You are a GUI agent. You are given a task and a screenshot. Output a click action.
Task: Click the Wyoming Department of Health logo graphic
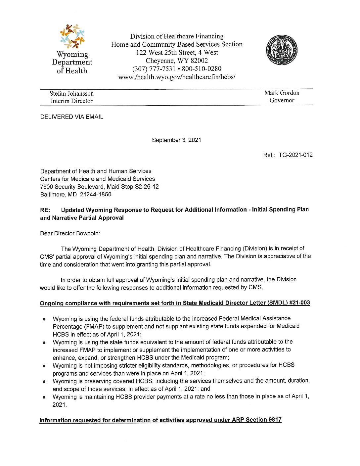click(72, 36)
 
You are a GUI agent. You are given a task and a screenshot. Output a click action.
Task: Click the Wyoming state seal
click(281, 50)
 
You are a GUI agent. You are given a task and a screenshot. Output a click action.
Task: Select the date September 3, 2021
click(176, 140)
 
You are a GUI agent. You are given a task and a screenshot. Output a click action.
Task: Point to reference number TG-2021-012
click(295, 155)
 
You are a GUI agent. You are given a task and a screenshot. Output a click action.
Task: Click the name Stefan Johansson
click(71, 94)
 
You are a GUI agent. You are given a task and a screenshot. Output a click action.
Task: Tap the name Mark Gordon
click(282, 93)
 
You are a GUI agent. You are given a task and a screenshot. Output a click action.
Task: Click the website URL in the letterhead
click(177, 77)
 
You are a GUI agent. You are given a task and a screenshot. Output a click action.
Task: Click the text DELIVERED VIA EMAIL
click(71, 117)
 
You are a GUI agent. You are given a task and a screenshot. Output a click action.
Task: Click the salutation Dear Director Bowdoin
click(70, 233)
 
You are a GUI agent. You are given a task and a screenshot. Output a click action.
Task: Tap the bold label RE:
click(45, 210)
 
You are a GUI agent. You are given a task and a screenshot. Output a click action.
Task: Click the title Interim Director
click(71, 101)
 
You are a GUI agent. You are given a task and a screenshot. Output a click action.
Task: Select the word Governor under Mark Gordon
click(282, 100)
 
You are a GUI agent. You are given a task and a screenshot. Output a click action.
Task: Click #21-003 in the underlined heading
click(299, 303)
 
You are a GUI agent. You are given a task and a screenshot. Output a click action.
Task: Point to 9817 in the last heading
click(275, 420)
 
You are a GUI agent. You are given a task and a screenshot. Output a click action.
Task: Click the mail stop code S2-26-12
click(147, 187)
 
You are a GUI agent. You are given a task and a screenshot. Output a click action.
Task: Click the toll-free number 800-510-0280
click(202, 69)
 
